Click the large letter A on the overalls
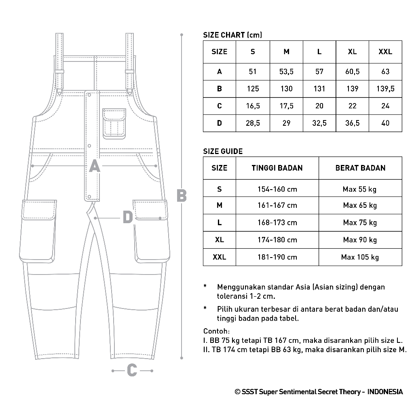click(94, 166)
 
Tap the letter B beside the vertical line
click(182, 196)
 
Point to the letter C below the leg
click(132, 370)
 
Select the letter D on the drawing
click(128, 218)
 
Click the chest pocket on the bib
click(114, 123)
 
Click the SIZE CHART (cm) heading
click(232, 35)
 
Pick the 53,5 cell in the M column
click(286, 72)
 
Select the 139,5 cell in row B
click(385, 89)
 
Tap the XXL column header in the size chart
click(385, 52)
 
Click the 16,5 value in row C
click(253, 106)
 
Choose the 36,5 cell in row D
click(352, 123)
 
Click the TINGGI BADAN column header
click(277, 168)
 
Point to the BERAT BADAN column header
click(360, 168)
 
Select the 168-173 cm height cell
click(277, 223)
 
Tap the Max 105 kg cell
click(360, 257)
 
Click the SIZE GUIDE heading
click(223, 152)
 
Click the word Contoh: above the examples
click(216, 332)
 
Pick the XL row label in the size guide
click(220, 240)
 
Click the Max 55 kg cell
click(360, 189)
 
